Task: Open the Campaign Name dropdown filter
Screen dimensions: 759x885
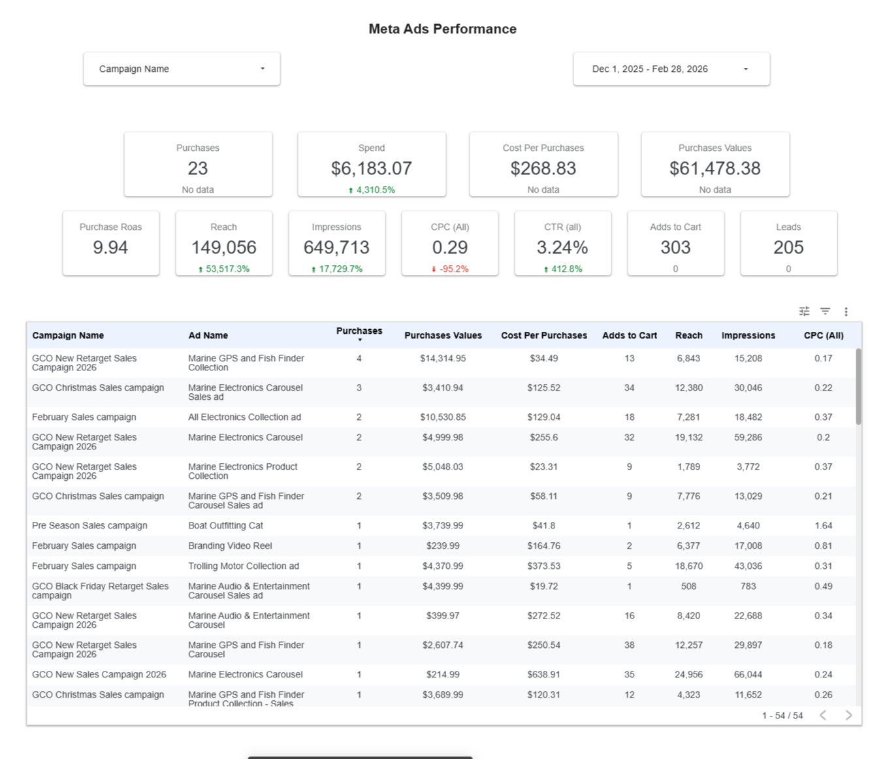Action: click(182, 69)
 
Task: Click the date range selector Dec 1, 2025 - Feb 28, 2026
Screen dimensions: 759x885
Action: click(671, 69)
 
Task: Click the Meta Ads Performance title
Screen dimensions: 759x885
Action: click(442, 29)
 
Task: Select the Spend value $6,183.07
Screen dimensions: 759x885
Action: click(371, 169)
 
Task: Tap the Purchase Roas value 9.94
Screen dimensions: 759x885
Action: click(110, 248)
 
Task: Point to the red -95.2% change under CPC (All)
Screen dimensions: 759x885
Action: click(450, 268)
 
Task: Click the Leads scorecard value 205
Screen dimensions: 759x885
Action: click(788, 248)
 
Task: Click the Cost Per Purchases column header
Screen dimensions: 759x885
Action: click(543, 335)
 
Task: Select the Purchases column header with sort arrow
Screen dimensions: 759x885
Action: click(359, 333)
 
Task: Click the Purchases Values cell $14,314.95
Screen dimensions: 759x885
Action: click(442, 358)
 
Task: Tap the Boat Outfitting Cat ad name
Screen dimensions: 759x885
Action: click(225, 525)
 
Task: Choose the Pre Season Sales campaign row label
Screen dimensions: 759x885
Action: click(89, 525)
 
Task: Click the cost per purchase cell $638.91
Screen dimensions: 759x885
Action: click(543, 674)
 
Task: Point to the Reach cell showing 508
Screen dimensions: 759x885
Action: click(688, 586)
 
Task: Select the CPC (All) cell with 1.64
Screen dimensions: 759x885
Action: click(823, 525)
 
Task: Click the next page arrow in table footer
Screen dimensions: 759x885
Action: click(848, 715)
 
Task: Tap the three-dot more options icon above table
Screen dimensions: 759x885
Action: click(846, 312)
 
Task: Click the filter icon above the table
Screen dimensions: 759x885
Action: click(825, 312)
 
